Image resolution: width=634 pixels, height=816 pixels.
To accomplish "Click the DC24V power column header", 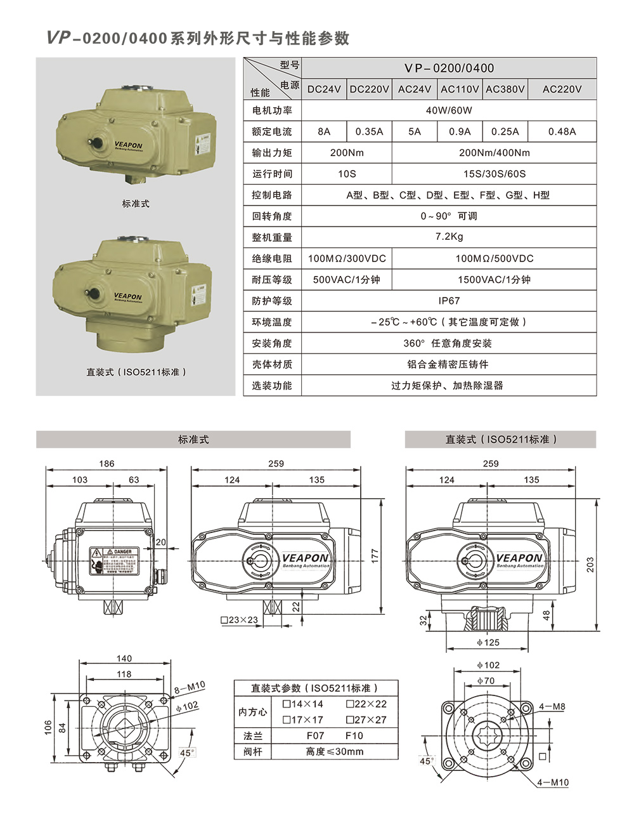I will point(324,89).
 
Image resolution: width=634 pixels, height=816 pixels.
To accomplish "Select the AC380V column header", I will point(505,89).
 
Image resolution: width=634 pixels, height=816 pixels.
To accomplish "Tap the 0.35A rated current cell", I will point(369,132).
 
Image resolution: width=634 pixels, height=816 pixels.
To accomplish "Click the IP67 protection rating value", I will point(449,301).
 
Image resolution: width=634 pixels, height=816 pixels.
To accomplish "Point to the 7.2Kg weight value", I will point(449,237).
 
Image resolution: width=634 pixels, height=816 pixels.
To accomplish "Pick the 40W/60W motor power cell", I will point(449,110).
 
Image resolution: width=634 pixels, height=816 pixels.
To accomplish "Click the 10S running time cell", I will point(347,174).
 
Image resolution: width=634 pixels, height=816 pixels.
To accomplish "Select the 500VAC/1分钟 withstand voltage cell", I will point(347,280).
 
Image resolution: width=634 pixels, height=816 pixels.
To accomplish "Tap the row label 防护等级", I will point(272,301).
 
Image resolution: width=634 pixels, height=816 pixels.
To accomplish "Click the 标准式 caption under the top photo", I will point(136,204).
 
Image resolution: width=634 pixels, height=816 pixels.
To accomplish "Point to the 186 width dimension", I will point(107,464).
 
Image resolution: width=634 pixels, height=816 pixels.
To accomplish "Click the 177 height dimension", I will point(375,556).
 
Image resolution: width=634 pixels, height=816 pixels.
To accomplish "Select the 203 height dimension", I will point(590,565).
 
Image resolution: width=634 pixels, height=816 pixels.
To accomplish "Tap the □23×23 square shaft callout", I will point(239,620).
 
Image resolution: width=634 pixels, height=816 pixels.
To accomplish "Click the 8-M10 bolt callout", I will point(190,685).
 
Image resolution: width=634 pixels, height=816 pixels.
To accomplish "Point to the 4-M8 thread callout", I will point(552,706).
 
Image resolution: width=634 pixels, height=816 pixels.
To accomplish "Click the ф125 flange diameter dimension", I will point(488,642).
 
